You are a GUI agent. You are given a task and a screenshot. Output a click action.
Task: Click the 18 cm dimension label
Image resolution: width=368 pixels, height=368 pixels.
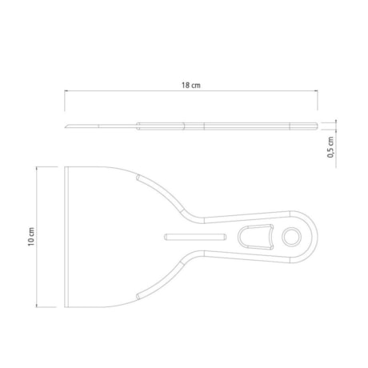click(191, 85)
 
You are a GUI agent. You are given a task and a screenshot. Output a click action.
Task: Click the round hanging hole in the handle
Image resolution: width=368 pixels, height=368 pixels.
click(290, 237)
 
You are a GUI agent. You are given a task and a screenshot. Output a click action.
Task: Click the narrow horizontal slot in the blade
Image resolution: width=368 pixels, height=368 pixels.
click(193, 236)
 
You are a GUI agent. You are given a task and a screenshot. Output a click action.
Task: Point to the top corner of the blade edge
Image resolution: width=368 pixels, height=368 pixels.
click(66, 167)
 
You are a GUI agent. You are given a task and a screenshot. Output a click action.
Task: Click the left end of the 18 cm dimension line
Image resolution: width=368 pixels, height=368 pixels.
click(66, 93)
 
